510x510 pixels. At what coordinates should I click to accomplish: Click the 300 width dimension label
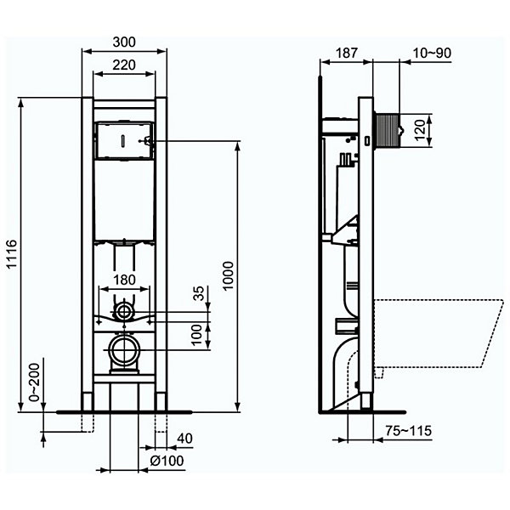(124, 42)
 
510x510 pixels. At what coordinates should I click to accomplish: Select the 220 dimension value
(124, 65)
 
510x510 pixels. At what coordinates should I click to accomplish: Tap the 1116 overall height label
(12, 253)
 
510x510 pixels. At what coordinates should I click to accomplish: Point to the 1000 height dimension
(229, 275)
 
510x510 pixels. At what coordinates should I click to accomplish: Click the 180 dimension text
(124, 280)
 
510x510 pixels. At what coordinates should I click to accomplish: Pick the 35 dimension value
(199, 292)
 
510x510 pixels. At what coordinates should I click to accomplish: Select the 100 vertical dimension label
(197, 336)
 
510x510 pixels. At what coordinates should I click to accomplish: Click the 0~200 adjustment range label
(34, 382)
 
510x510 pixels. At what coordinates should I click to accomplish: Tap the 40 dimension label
(184, 439)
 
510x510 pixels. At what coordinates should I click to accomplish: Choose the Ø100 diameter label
(167, 461)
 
